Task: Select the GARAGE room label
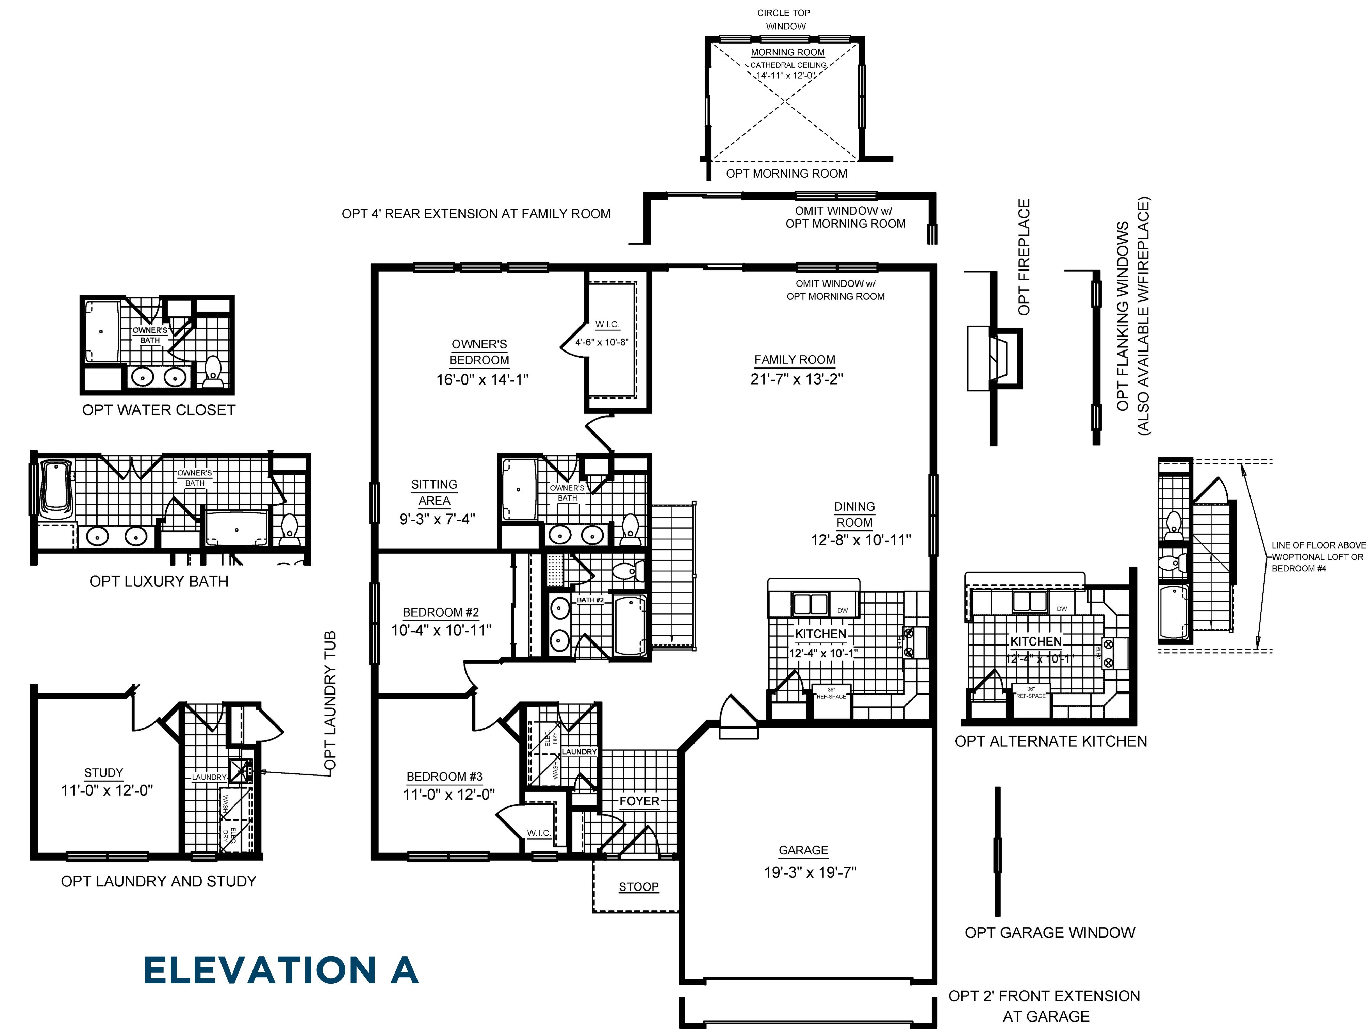tap(803, 850)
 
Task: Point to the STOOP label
tap(638, 887)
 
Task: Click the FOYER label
tap(639, 801)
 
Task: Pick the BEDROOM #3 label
tap(444, 777)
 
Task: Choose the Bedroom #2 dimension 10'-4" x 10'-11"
tap(441, 630)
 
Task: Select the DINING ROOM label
tap(854, 515)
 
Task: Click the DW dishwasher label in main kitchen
tap(842, 611)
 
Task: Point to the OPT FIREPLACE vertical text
tap(1024, 257)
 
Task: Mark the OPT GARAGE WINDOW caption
tap(1049, 933)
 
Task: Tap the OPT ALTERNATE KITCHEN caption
tap(1051, 741)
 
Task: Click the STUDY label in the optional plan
tap(103, 773)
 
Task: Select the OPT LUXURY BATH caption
tap(159, 581)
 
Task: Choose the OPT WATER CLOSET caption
tap(159, 410)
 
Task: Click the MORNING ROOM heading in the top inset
tap(788, 53)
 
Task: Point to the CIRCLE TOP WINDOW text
tap(784, 19)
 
